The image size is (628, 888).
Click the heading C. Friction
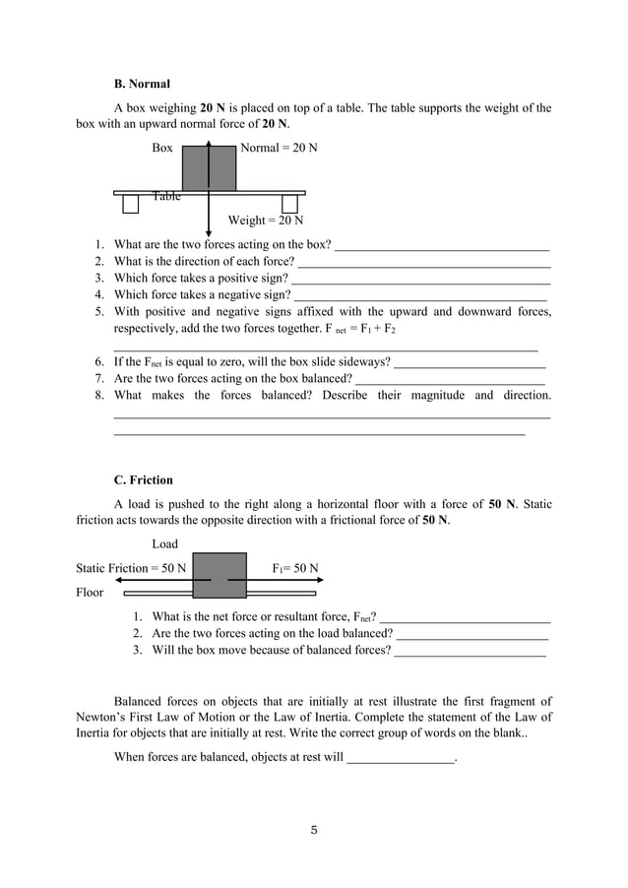144,480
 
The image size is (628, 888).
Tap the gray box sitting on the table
209,167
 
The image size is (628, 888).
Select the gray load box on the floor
219,575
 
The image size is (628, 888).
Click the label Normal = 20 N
279,148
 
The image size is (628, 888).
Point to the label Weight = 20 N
266,221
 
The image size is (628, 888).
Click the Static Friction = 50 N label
131,568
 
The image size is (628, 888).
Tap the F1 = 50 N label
294,568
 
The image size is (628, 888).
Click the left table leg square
131,204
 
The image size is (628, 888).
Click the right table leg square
289,204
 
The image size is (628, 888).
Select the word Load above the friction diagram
165,543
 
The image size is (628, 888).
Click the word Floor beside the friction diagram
90,593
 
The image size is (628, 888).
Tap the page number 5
313,830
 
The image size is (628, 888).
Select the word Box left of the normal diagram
162,148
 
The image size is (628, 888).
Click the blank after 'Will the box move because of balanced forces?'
470,652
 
